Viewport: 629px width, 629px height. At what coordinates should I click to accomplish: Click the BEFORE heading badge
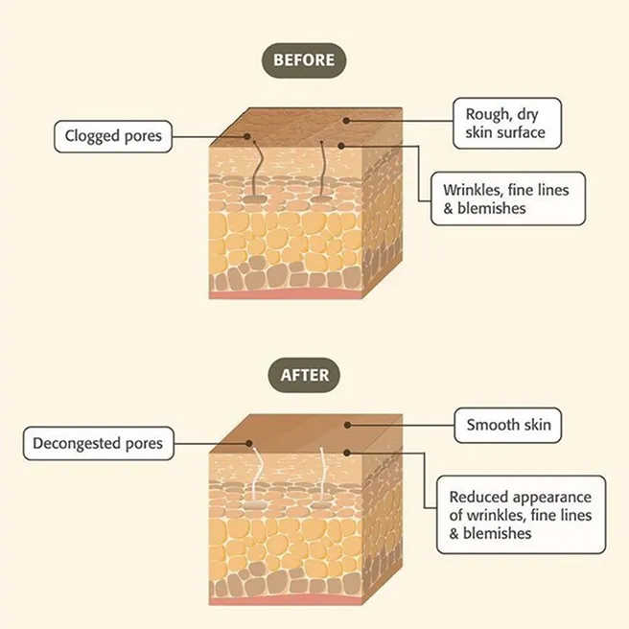coord(304,60)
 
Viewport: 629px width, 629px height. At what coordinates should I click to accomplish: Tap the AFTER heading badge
coord(304,375)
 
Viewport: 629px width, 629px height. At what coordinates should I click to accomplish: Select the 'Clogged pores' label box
coord(113,136)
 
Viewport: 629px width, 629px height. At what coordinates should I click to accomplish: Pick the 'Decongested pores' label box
coord(98,444)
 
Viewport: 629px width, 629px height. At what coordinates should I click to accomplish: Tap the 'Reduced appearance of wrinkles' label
coord(522,515)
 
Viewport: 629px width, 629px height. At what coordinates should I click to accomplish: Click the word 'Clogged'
coord(91,136)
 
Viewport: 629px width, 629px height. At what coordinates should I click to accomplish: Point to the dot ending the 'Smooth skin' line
coord(347,425)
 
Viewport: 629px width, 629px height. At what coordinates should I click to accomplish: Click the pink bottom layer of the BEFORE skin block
coord(285,293)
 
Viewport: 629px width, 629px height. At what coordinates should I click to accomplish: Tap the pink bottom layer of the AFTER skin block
coord(285,600)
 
